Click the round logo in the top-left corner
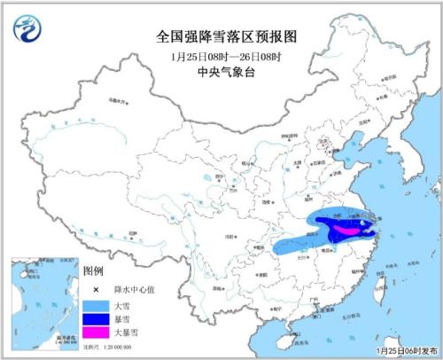[27, 29]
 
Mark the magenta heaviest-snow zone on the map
[341, 230]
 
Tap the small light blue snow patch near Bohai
[356, 139]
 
